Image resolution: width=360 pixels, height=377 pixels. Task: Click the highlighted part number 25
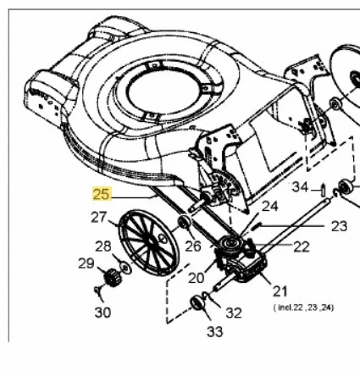pyautogui.click(x=101, y=194)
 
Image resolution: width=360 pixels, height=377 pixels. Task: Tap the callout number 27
pyautogui.click(x=99, y=218)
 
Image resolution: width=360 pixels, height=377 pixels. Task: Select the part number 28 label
pyautogui.click(x=103, y=247)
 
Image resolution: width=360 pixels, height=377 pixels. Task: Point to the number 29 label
pyautogui.click(x=86, y=263)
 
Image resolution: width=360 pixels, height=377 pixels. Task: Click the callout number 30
pyautogui.click(x=102, y=313)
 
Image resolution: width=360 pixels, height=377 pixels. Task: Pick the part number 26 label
pyautogui.click(x=193, y=246)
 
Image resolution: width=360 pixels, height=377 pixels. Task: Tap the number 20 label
pyautogui.click(x=196, y=278)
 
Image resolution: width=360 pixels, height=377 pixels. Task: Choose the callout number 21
pyautogui.click(x=280, y=291)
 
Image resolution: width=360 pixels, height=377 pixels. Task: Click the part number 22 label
pyautogui.click(x=302, y=247)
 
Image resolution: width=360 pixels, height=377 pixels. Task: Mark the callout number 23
pyautogui.click(x=339, y=226)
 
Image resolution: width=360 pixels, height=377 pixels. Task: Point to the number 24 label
pyautogui.click(x=270, y=206)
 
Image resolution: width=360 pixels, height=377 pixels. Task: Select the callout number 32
pyautogui.click(x=234, y=313)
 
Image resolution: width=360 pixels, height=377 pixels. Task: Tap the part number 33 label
pyautogui.click(x=215, y=332)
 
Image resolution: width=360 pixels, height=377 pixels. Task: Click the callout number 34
pyautogui.click(x=300, y=187)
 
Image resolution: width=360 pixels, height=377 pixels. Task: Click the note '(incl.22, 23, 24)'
pyautogui.click(x=303, y=308)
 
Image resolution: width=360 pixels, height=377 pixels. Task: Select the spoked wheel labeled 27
pyautogui.click(x=149, y=242)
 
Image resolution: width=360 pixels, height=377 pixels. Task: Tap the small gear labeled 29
pyautogui.click(x=112, y=277)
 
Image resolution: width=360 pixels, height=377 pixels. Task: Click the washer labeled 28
pyautogui.click(x=125, y=268)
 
